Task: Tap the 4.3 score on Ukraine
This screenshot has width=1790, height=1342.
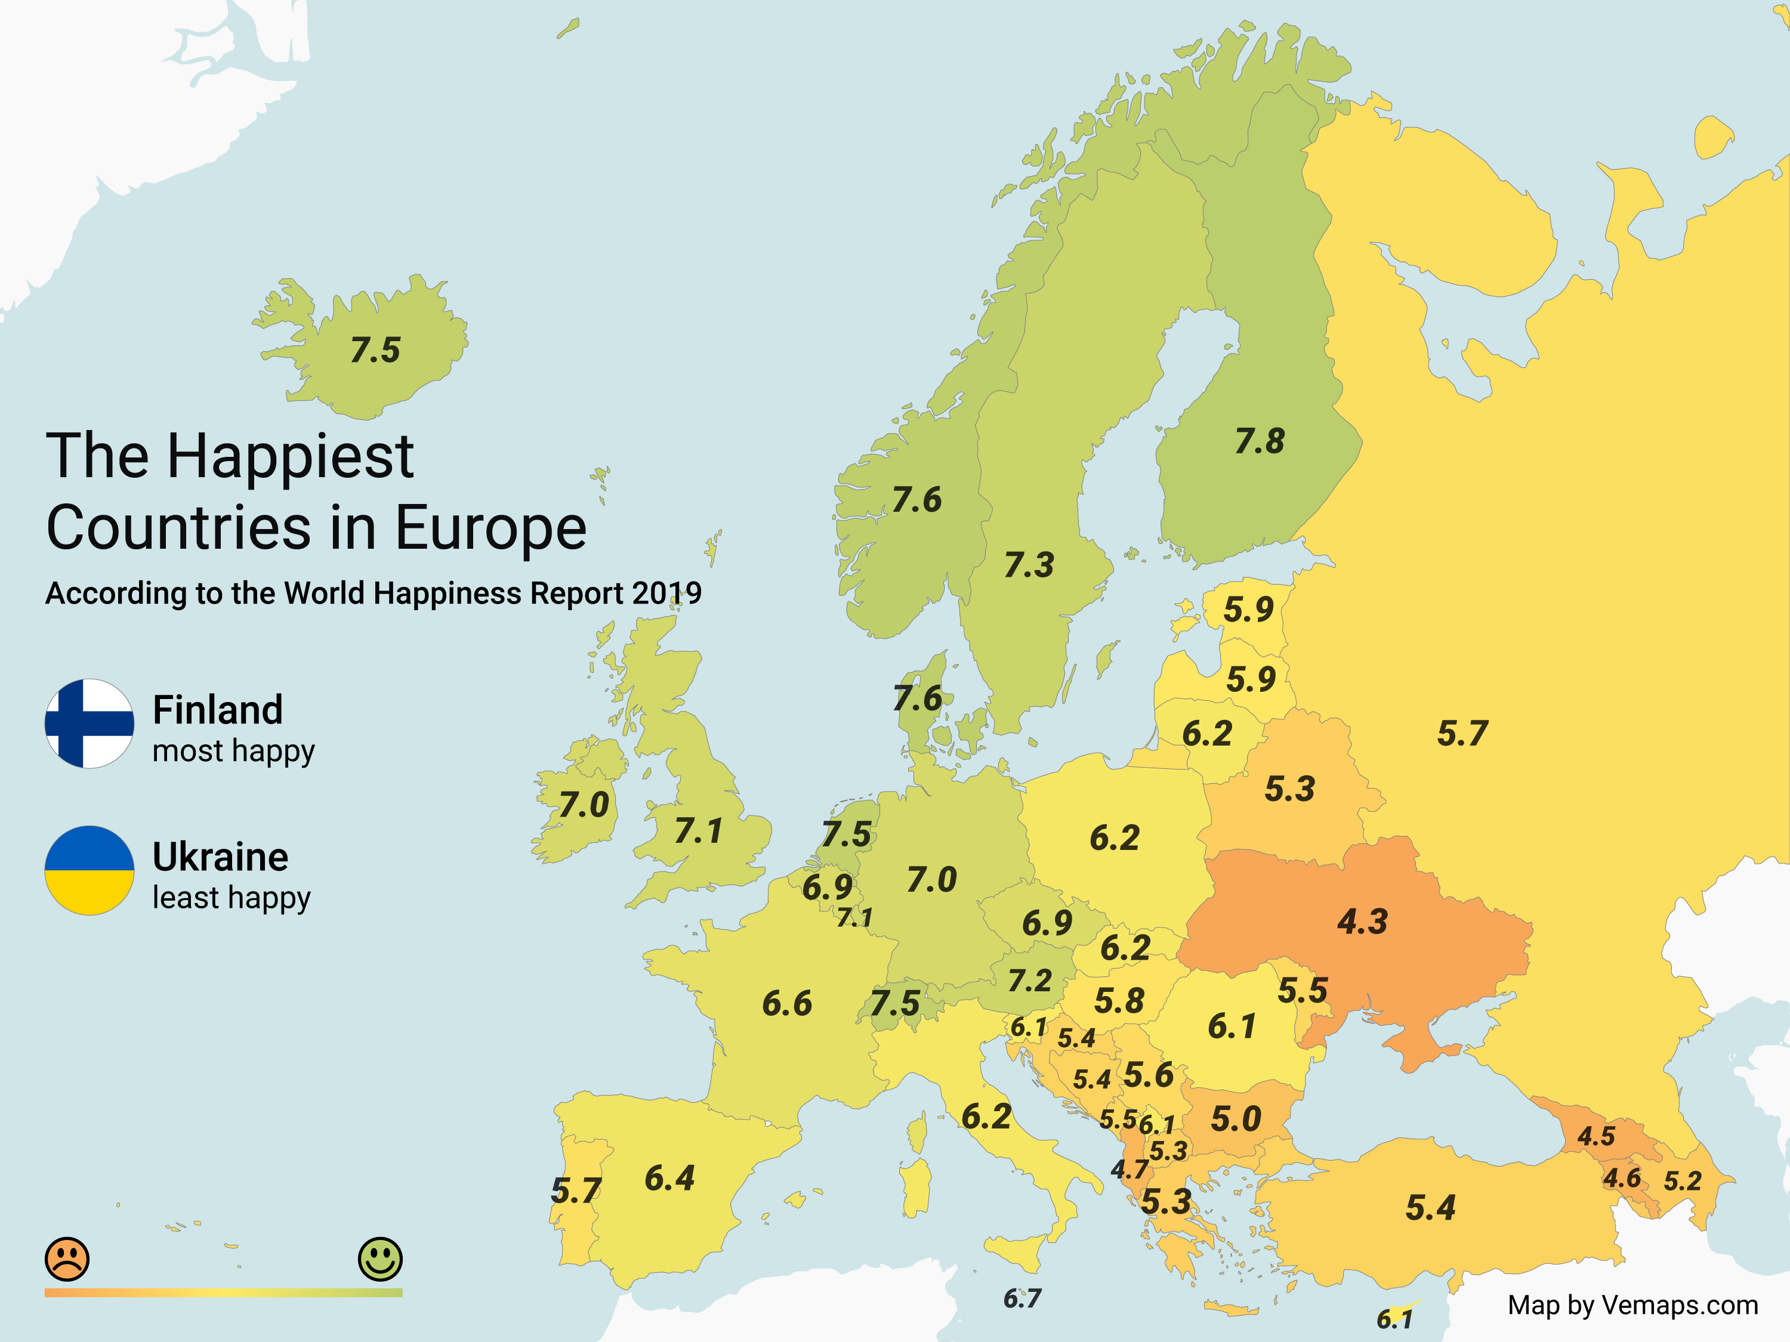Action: (x=1362, y=922)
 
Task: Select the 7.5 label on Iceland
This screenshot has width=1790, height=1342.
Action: (x=375, y=350)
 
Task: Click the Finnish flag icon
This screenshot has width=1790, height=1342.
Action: (x=89, y=723)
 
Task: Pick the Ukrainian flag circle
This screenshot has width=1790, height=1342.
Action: (x=89, y=870)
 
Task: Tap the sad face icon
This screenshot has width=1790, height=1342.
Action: (x=67, y=1258)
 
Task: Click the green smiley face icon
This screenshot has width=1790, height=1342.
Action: (x=379, y=1258)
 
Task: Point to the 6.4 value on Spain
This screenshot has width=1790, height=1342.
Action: (x=669, y=1179)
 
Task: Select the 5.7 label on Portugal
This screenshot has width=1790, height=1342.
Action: (x=575, y=1191)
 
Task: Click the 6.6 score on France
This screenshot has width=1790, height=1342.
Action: (x=786, y=1004)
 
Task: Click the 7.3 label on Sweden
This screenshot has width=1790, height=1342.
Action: (x=1029, y=565)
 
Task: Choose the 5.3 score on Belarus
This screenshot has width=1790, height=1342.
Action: (x=1290, y=788)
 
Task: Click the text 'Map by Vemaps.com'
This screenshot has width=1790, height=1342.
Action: (x=1632, y=1305)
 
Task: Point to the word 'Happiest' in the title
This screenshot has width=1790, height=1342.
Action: (x=291, y=457)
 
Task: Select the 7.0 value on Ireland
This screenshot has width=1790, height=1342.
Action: (x=584, y=805)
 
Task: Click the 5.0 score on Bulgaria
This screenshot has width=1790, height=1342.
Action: (x=1236, y=1120)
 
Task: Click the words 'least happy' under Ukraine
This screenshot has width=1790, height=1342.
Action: (x=232, y=898)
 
